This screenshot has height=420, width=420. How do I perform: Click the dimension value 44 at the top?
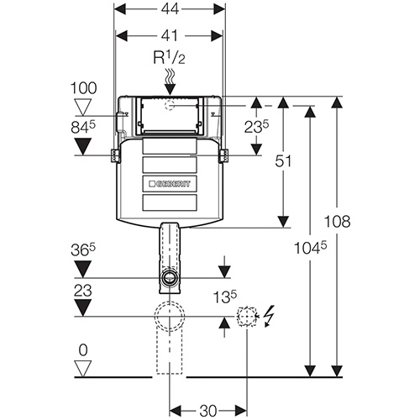pyautogui.click(x=170, y=9)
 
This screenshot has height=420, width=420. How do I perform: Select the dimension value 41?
pyautogui.click(x=170, y=35)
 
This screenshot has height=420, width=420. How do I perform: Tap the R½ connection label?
pyautogui.click(x=169, y=58)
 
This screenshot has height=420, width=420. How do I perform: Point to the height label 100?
pyautogui.click(x=83, y=88)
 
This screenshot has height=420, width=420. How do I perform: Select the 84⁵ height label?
pyautogui.click(x=83, y=128)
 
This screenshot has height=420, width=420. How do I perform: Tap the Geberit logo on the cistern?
pyautogui.click(x=170, y=184)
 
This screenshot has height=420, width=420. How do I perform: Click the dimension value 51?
pyautogui.click(x=283, y=161)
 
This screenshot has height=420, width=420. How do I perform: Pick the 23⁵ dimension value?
pyautogui.click(x=256, y=127)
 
